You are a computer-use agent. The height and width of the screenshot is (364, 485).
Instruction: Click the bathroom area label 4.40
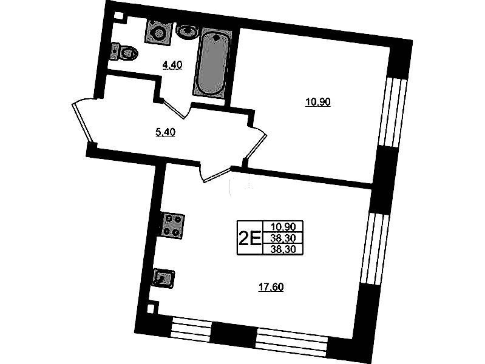tap(172, 65)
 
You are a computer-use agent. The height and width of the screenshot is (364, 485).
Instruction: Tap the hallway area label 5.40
tap(166, 132)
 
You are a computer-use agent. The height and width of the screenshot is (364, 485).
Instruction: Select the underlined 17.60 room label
tap(271, 288)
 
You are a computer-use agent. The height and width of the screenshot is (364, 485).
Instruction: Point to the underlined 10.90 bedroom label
tap(318, 102)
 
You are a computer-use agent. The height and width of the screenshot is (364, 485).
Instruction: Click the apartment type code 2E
tap(249, 238)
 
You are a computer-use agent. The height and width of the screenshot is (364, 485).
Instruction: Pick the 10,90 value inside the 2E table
tap(283, 227)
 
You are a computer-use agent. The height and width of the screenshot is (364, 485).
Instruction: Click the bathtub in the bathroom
tap(212, 62)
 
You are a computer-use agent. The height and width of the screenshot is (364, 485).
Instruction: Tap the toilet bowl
tap(124, 52)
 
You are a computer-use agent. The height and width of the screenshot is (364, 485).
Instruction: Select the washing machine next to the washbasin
tap(158, 32)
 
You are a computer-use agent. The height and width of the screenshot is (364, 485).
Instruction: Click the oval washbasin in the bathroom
tap(187, 31)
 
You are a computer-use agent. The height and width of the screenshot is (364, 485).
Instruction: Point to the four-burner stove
tap(172, 226)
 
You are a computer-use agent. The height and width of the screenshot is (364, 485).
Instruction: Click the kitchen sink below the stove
tap(163, 278)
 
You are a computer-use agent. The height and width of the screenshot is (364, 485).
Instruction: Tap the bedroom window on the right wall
tap(392, 112)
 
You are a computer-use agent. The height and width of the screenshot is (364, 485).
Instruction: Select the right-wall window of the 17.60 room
tap(374, 248)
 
